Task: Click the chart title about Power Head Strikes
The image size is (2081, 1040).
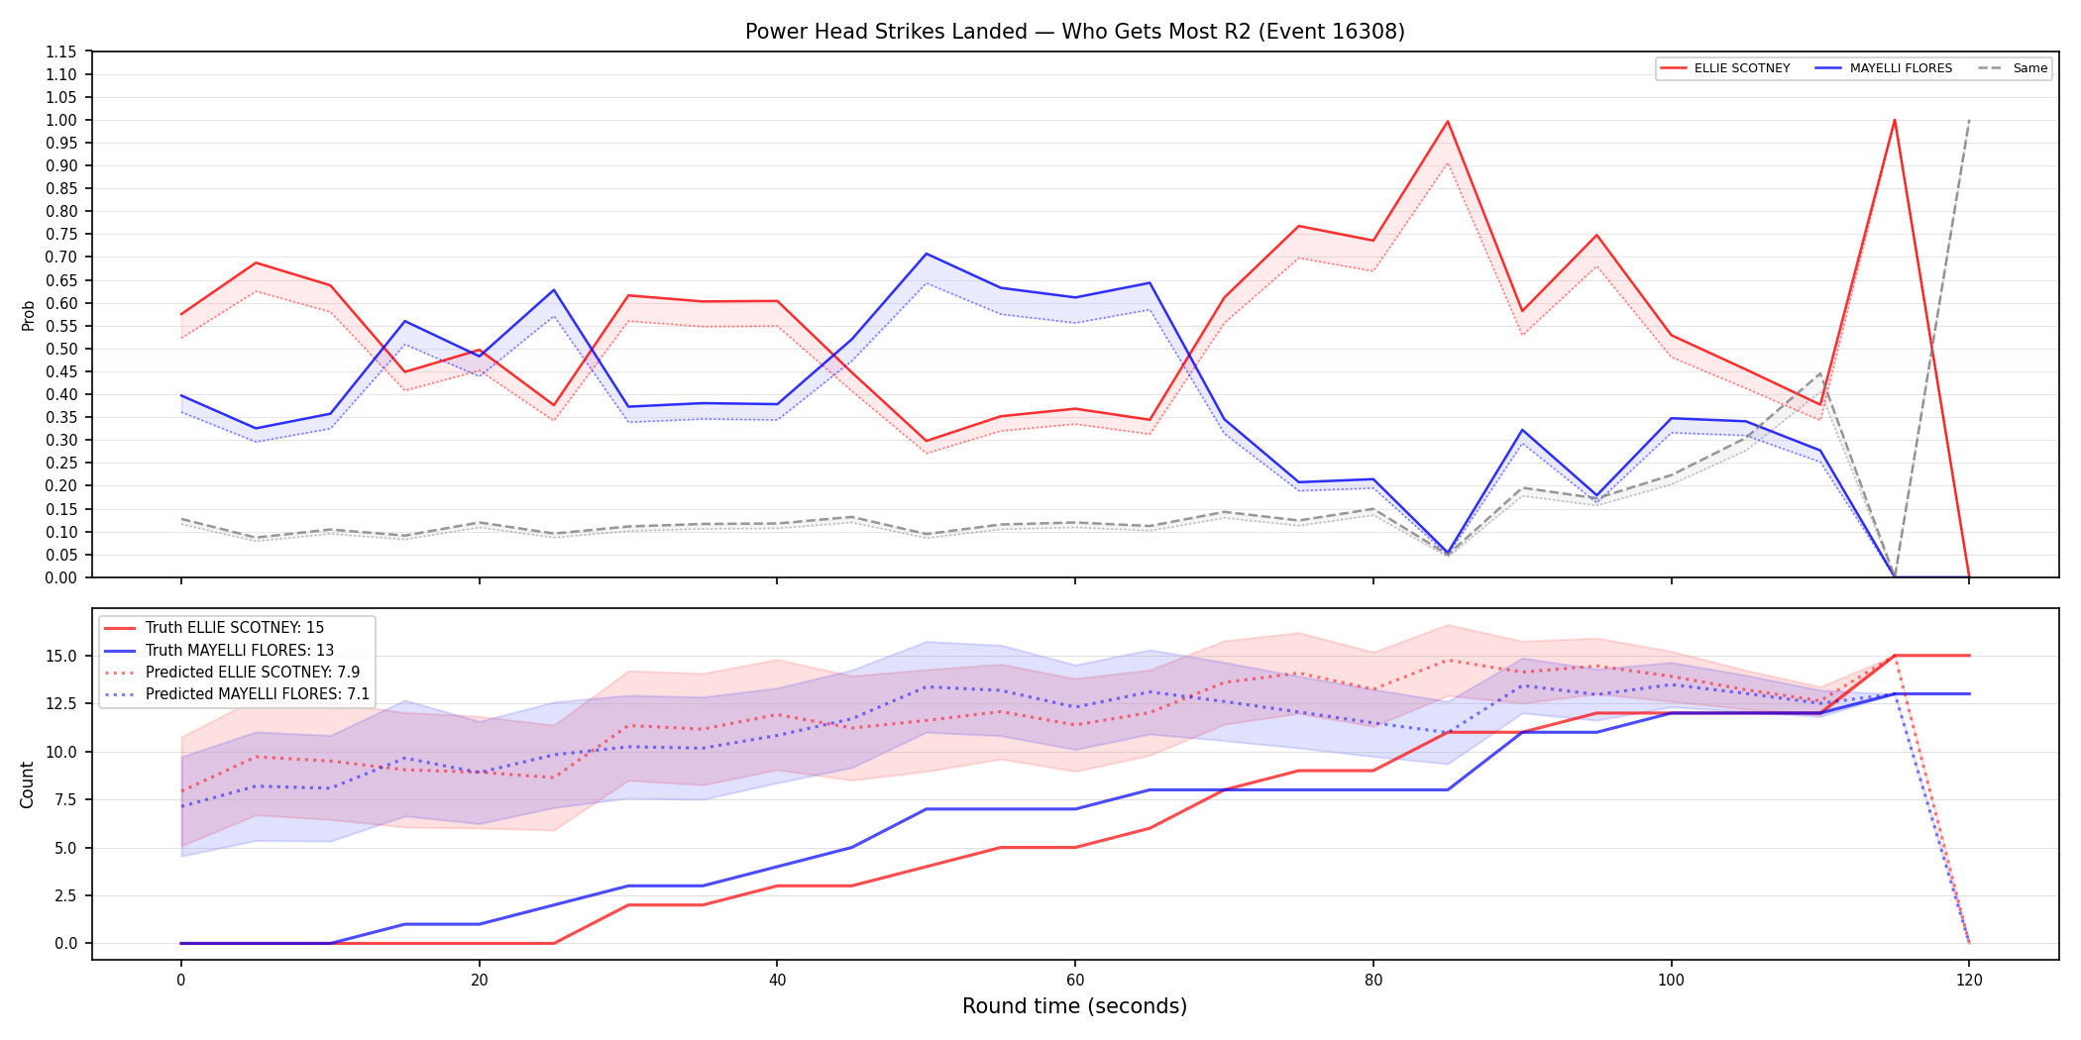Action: coord(1074,32)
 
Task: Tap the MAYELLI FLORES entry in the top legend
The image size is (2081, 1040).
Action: coord(1884,68)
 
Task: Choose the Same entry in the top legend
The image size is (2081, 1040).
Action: coord(2013,68)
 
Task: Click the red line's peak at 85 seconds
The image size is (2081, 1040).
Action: coord(1448,121)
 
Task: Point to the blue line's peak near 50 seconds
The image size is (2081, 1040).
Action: coord(927,254)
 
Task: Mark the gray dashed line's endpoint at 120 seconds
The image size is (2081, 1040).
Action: coord(1969,120)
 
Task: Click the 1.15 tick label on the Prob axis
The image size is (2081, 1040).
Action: coord(61,52)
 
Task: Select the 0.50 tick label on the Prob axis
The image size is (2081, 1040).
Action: coord(61,349)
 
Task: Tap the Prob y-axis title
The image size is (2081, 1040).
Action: coord(29,315)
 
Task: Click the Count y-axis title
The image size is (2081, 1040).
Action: coord(27,784)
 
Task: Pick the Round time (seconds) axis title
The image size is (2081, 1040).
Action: coord(1074,1006)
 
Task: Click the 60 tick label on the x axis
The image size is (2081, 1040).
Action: coord(1075,981)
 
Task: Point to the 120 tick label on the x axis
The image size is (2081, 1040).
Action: coord(1969,981)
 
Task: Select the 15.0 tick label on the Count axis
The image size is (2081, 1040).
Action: coord(63,657)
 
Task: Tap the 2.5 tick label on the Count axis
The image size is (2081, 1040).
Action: coord(66,895)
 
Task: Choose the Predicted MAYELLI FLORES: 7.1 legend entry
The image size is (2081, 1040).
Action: coord(237,694)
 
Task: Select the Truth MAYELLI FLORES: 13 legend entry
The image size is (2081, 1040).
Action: coord(219,651)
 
